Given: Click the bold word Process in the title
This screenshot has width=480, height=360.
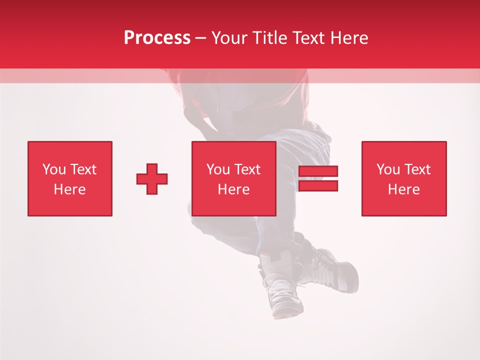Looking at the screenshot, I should pos(157,38).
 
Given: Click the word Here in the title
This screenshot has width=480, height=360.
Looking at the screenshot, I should pos(349,38).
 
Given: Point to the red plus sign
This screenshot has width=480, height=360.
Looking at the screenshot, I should pos(152,179).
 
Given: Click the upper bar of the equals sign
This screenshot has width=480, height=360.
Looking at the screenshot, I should pos(318,171).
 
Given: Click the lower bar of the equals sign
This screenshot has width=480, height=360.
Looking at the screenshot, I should pos(318,186).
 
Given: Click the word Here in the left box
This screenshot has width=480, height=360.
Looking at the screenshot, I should pos(69,189).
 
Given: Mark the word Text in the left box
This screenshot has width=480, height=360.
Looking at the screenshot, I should pos(83,169).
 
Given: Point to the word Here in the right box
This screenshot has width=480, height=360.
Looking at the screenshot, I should pos(403,189).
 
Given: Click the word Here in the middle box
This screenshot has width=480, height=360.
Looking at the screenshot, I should pos(233,189).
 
